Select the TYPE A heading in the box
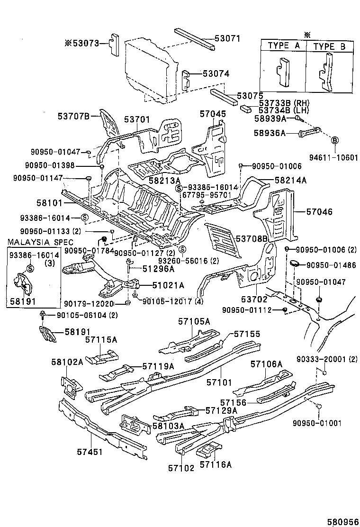point(284,46)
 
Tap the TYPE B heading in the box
point(330,46)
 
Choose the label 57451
point(90,452)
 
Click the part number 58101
point(48,201)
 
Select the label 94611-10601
point(334,158)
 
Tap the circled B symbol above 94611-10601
point(334,140)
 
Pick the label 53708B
point(252,239)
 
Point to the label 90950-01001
point(316,423)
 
